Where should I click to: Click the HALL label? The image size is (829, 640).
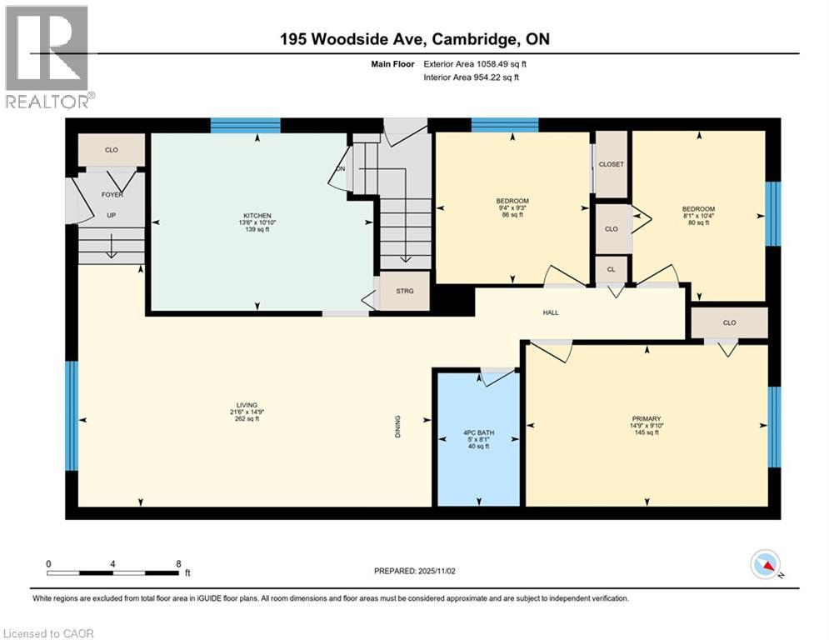click(x=550, y=313)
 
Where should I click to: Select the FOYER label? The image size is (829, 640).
click(x=111, y=196)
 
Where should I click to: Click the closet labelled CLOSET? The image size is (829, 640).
click(x=612, y=164)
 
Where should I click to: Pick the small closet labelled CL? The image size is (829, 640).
click(x=612, y=269)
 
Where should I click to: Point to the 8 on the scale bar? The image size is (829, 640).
click(x=178, y=563)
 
